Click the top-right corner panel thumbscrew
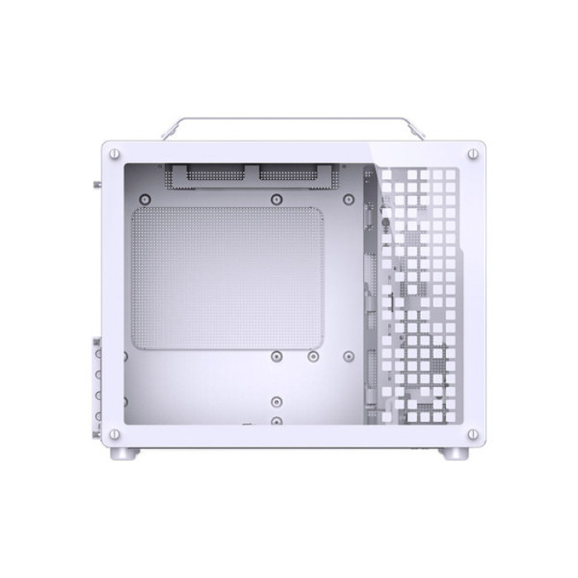tap(472, 153)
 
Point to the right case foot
tap(453, 453)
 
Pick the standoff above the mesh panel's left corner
tap(145, 198)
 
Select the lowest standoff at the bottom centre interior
tap(276, 421)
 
